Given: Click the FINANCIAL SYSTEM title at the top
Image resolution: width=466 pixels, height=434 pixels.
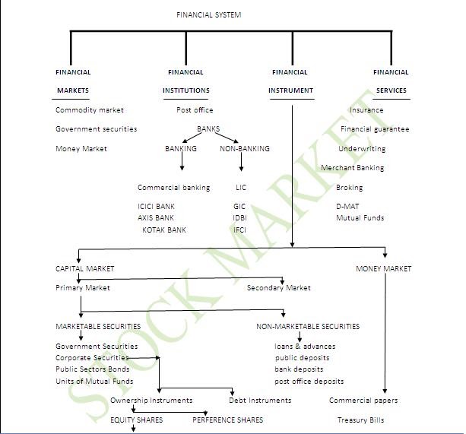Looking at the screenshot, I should click(209, 14).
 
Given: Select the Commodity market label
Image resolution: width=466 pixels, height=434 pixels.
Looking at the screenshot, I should click(90, 110).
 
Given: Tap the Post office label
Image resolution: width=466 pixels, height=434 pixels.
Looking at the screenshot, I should click(195, 110).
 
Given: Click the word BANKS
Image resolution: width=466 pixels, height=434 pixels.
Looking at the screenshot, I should click(208, 129).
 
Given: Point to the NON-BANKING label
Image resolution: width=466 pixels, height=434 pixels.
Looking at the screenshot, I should click(244, 148).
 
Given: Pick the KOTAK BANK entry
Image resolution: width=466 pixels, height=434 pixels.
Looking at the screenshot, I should click(164, 230).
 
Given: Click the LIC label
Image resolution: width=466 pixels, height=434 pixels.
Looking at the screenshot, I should click(241, 188).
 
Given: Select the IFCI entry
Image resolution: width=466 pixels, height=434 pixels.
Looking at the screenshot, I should click(240, 230).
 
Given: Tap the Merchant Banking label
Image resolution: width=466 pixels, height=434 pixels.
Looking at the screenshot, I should click(352, 168).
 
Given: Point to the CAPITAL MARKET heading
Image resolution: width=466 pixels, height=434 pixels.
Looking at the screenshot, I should click(85, 268).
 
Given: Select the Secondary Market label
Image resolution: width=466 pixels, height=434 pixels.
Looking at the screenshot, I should click(279, 288).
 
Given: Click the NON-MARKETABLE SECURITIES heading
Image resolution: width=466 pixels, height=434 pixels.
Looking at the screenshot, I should click(308, 327).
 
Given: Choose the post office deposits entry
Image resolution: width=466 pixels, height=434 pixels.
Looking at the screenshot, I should click(309, 382).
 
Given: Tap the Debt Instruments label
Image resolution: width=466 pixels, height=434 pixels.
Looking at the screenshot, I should click(260, 401).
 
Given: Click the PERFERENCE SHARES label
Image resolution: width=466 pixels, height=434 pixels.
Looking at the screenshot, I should click(227, 420).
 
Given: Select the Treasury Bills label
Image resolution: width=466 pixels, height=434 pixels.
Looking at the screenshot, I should click(361, 420).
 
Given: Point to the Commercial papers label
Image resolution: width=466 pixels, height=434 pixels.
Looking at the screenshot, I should click(363, 401).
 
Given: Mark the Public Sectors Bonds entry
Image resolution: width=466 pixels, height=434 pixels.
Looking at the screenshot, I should click(92, 369).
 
